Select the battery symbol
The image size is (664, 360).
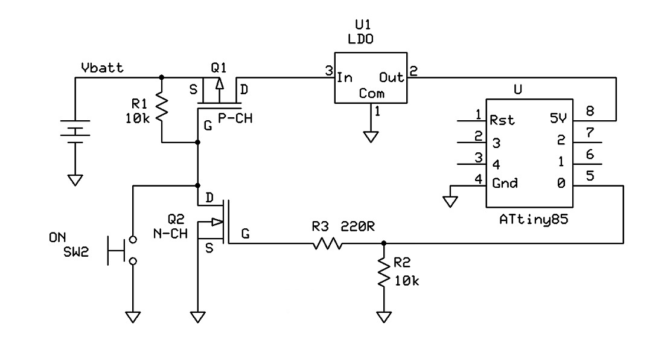pos(75,133)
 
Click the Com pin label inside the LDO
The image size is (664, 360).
pos(371,94)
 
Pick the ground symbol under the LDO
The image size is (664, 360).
pos(372,136)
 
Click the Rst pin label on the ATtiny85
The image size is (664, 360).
pos(502,120)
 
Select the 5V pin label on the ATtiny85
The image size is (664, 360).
pos(560,120)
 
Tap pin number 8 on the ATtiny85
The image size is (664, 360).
pos(590,111)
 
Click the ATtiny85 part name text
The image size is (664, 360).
pos(534,221)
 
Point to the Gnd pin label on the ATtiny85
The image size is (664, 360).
pos(504,183)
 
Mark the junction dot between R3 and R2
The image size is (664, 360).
pos(383,244)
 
